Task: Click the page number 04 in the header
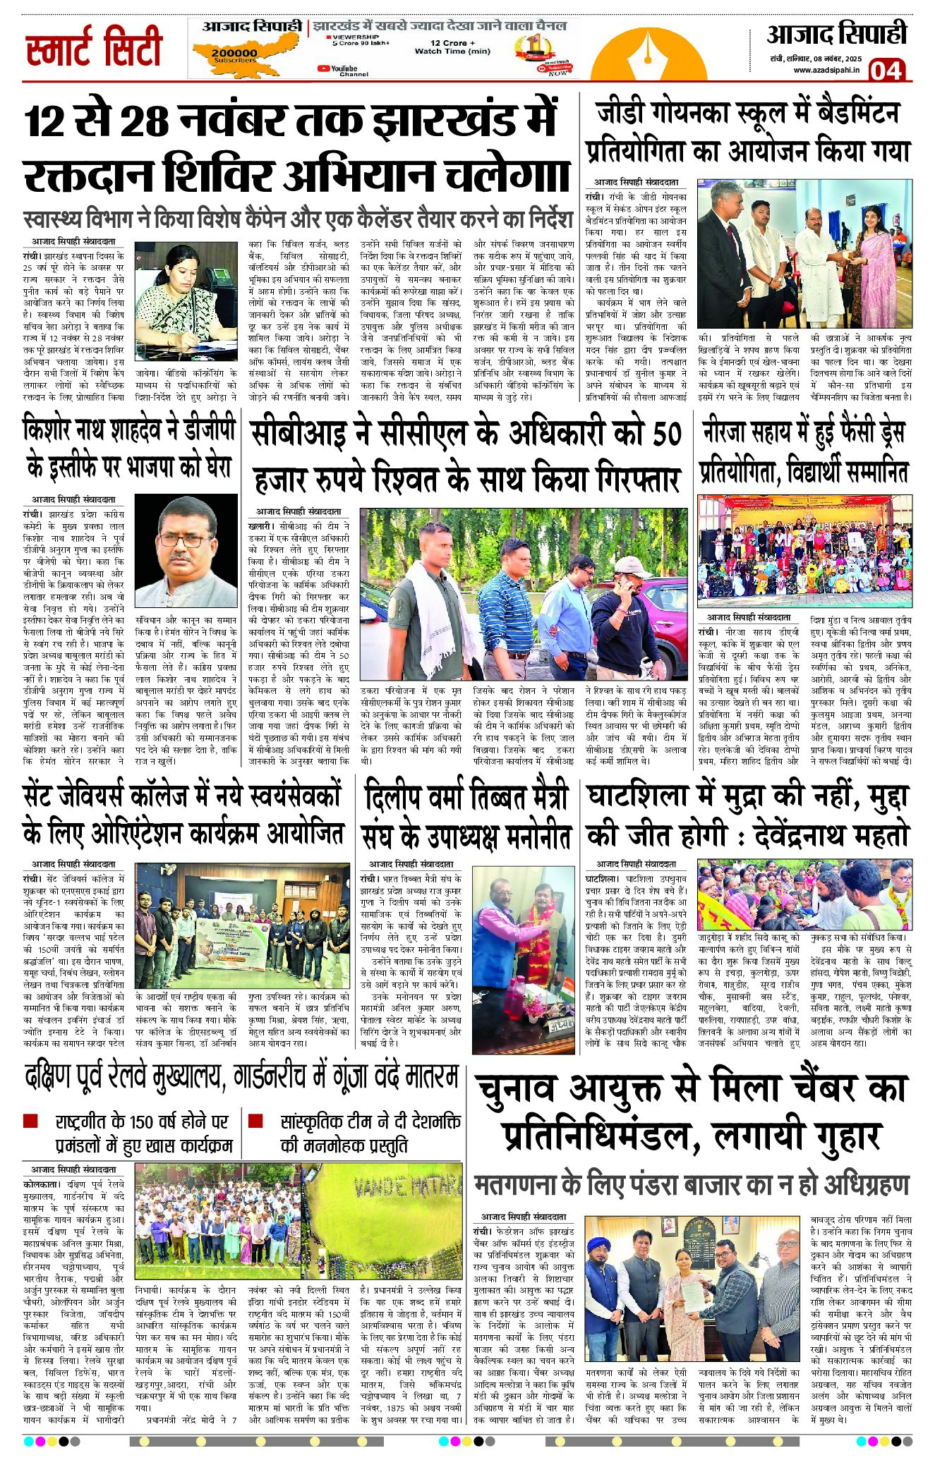(x=886, y=70)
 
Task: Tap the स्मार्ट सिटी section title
(x=94, y=48)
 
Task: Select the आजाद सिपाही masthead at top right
(x=836, y=35)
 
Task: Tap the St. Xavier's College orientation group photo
(x=242, y=925)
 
